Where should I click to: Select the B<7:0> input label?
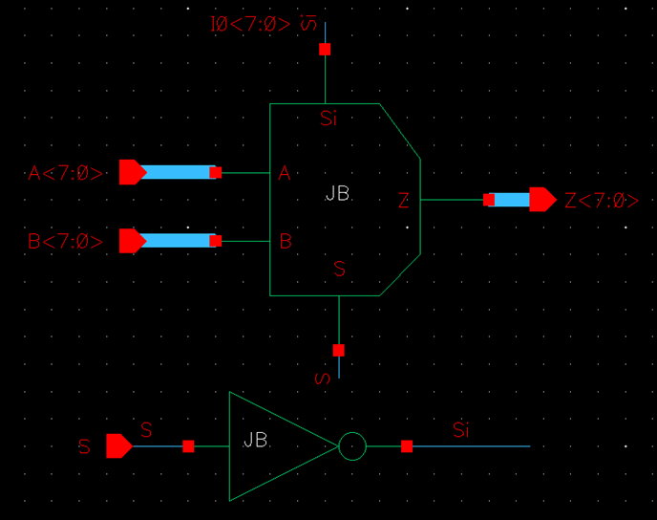65,242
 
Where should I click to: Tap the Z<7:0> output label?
601,201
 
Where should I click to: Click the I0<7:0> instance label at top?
251,22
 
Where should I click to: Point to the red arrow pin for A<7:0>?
132,172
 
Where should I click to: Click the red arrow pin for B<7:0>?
132,241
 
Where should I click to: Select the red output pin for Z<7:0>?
543,200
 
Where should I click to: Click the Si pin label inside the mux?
328,119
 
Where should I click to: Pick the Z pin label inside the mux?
404,201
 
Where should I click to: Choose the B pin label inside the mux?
286,242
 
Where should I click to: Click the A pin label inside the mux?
285,174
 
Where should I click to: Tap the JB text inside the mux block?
337,194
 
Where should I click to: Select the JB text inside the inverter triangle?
255,441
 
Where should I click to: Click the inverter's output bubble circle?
352,446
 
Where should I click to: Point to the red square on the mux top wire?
325,49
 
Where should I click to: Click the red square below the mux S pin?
339,350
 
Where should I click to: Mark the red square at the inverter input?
188,446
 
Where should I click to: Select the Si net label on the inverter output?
461,431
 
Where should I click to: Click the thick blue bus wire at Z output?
512,200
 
